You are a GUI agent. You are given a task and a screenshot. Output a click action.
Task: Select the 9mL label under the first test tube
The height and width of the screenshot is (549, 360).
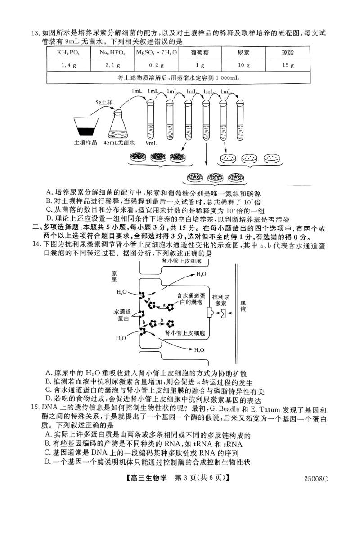point(151,143)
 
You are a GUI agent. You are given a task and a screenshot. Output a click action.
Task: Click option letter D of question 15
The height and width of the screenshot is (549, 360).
point(48,463)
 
